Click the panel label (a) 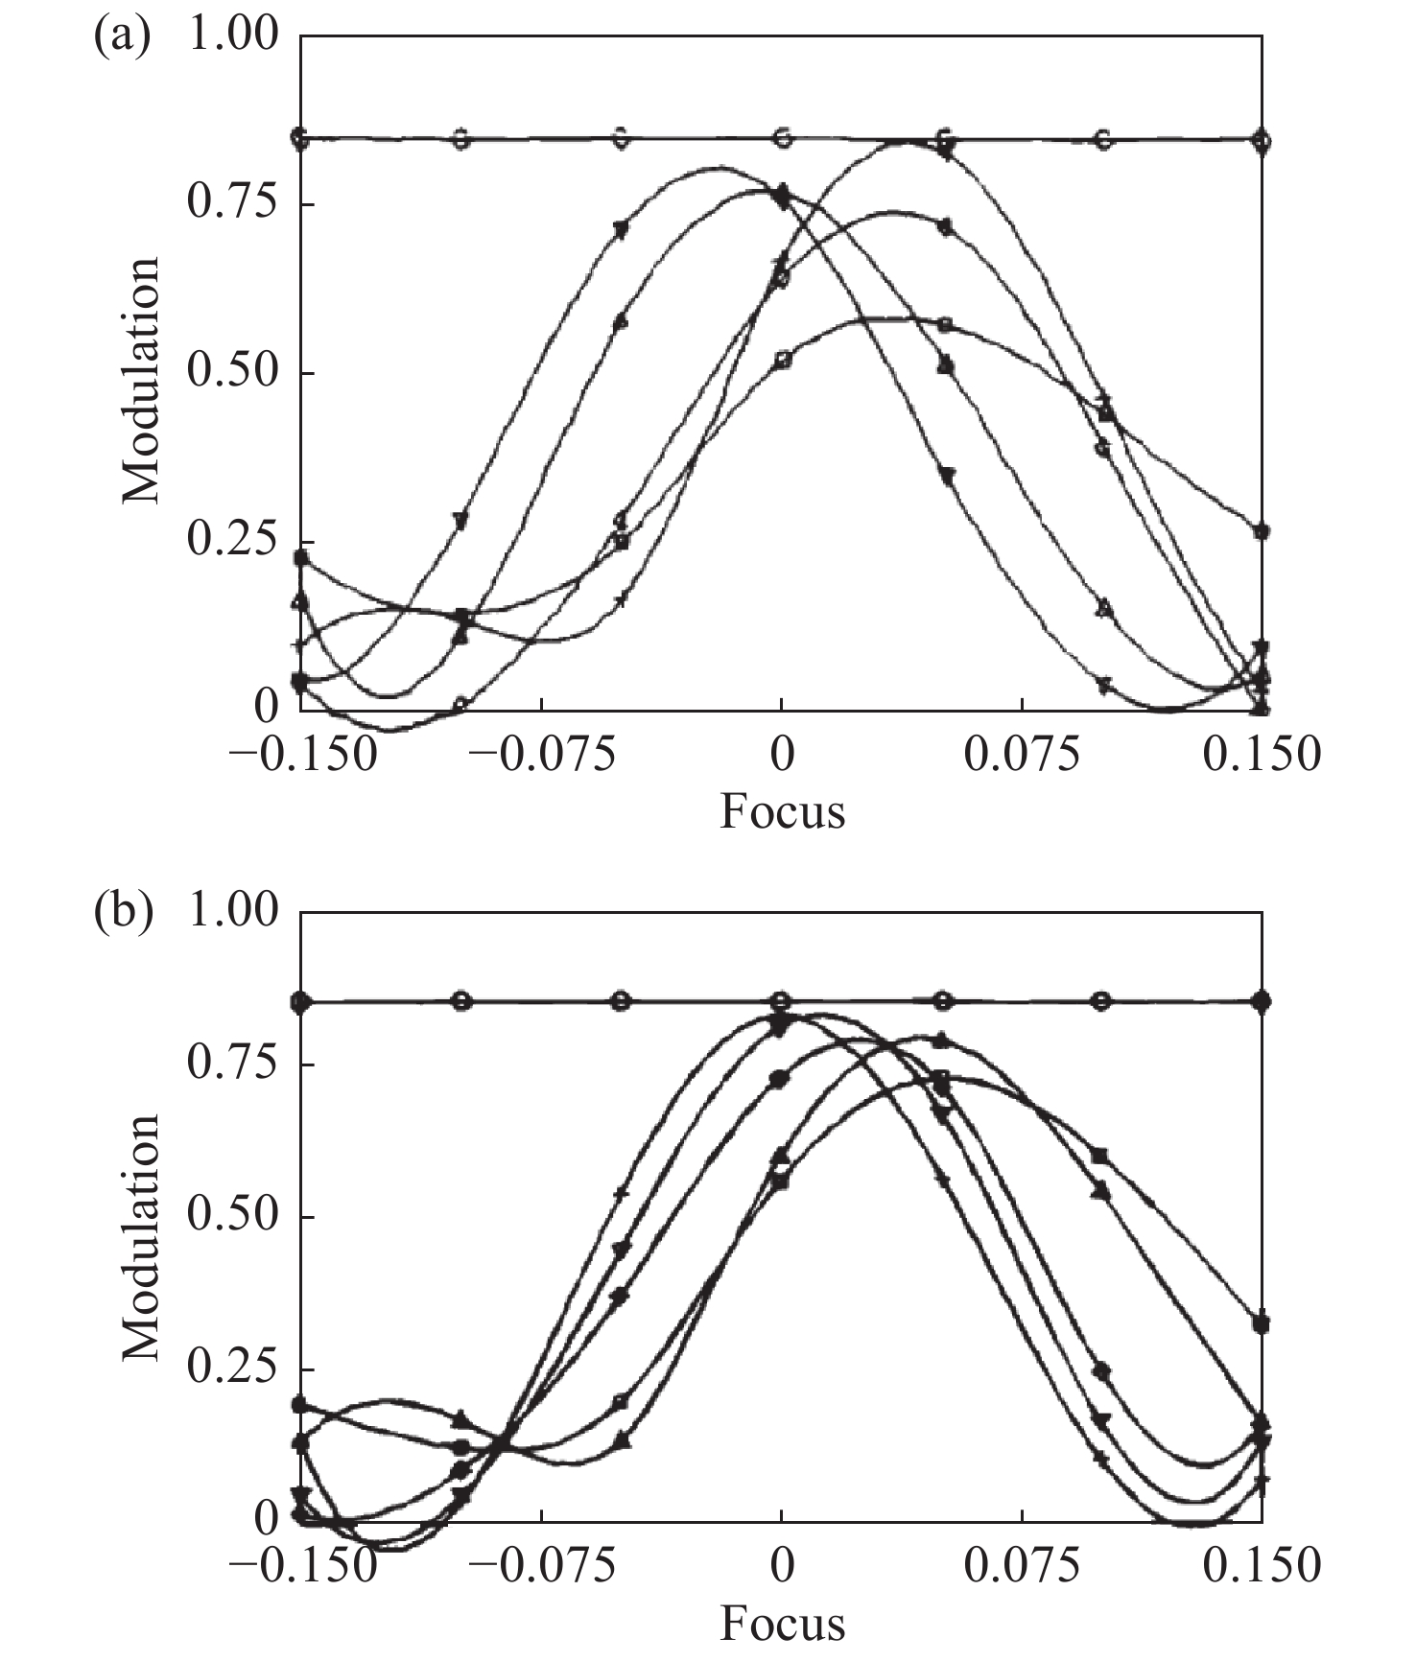(x=123, y=38)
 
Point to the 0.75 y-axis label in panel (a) (x=232, y=203)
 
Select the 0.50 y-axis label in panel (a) (x=232, y=373)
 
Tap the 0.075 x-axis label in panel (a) (x=1023, y=755)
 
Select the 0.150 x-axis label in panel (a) (x=1263, y=755)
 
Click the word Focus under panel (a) (x=783, y=811)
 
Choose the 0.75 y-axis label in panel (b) (x=232, y=1064)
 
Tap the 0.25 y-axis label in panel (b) (x=232, y=1369)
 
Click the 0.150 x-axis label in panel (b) (x=1263, y=1566)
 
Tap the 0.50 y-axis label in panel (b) (x=232, y=1217)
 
